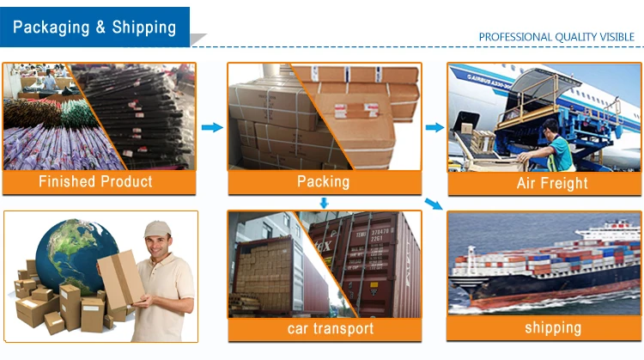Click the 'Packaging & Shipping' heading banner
94,26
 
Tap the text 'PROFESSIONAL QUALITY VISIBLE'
556,37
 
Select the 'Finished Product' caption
95,181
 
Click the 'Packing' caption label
323,181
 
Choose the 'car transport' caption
324,329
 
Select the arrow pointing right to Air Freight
434,128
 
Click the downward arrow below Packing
324,203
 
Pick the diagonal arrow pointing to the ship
434,204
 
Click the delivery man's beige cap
157,229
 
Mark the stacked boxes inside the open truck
262,271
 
